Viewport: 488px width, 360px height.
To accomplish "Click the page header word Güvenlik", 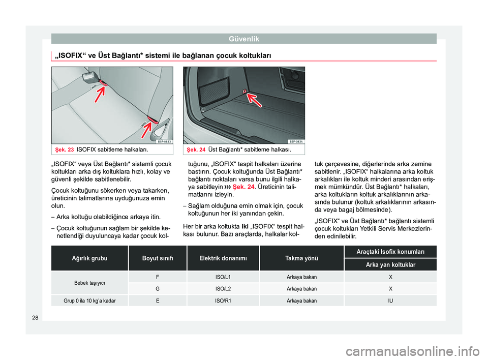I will tap(244, 38).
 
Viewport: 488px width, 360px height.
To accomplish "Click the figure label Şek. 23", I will tap(65, 149).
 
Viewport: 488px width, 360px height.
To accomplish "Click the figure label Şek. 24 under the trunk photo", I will tap(196, 149).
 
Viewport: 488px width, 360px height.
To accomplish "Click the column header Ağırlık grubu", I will tap(89, 258).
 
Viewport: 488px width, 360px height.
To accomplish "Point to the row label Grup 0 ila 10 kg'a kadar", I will tap(89, 301).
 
